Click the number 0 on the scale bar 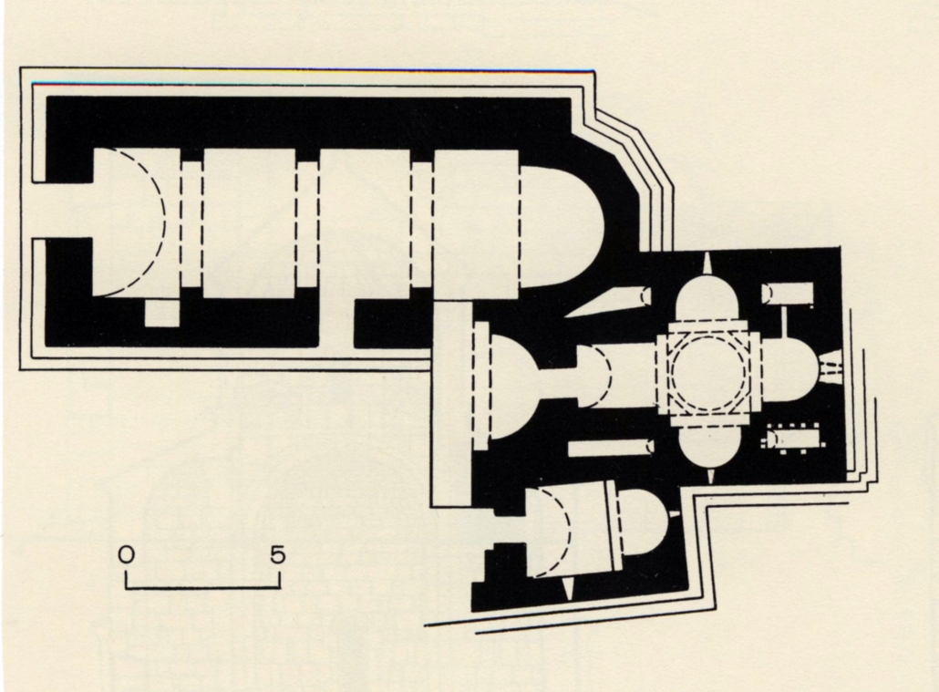(127, 555)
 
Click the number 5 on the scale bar (277, 555)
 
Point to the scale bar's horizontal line (203, 588)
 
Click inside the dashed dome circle (709, 372)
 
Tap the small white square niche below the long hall (162, 314)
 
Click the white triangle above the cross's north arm (707, 263)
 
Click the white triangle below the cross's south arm (711, 477)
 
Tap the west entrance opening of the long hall (63, 211)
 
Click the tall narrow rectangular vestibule (451, 405)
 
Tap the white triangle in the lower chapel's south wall (568, 589)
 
